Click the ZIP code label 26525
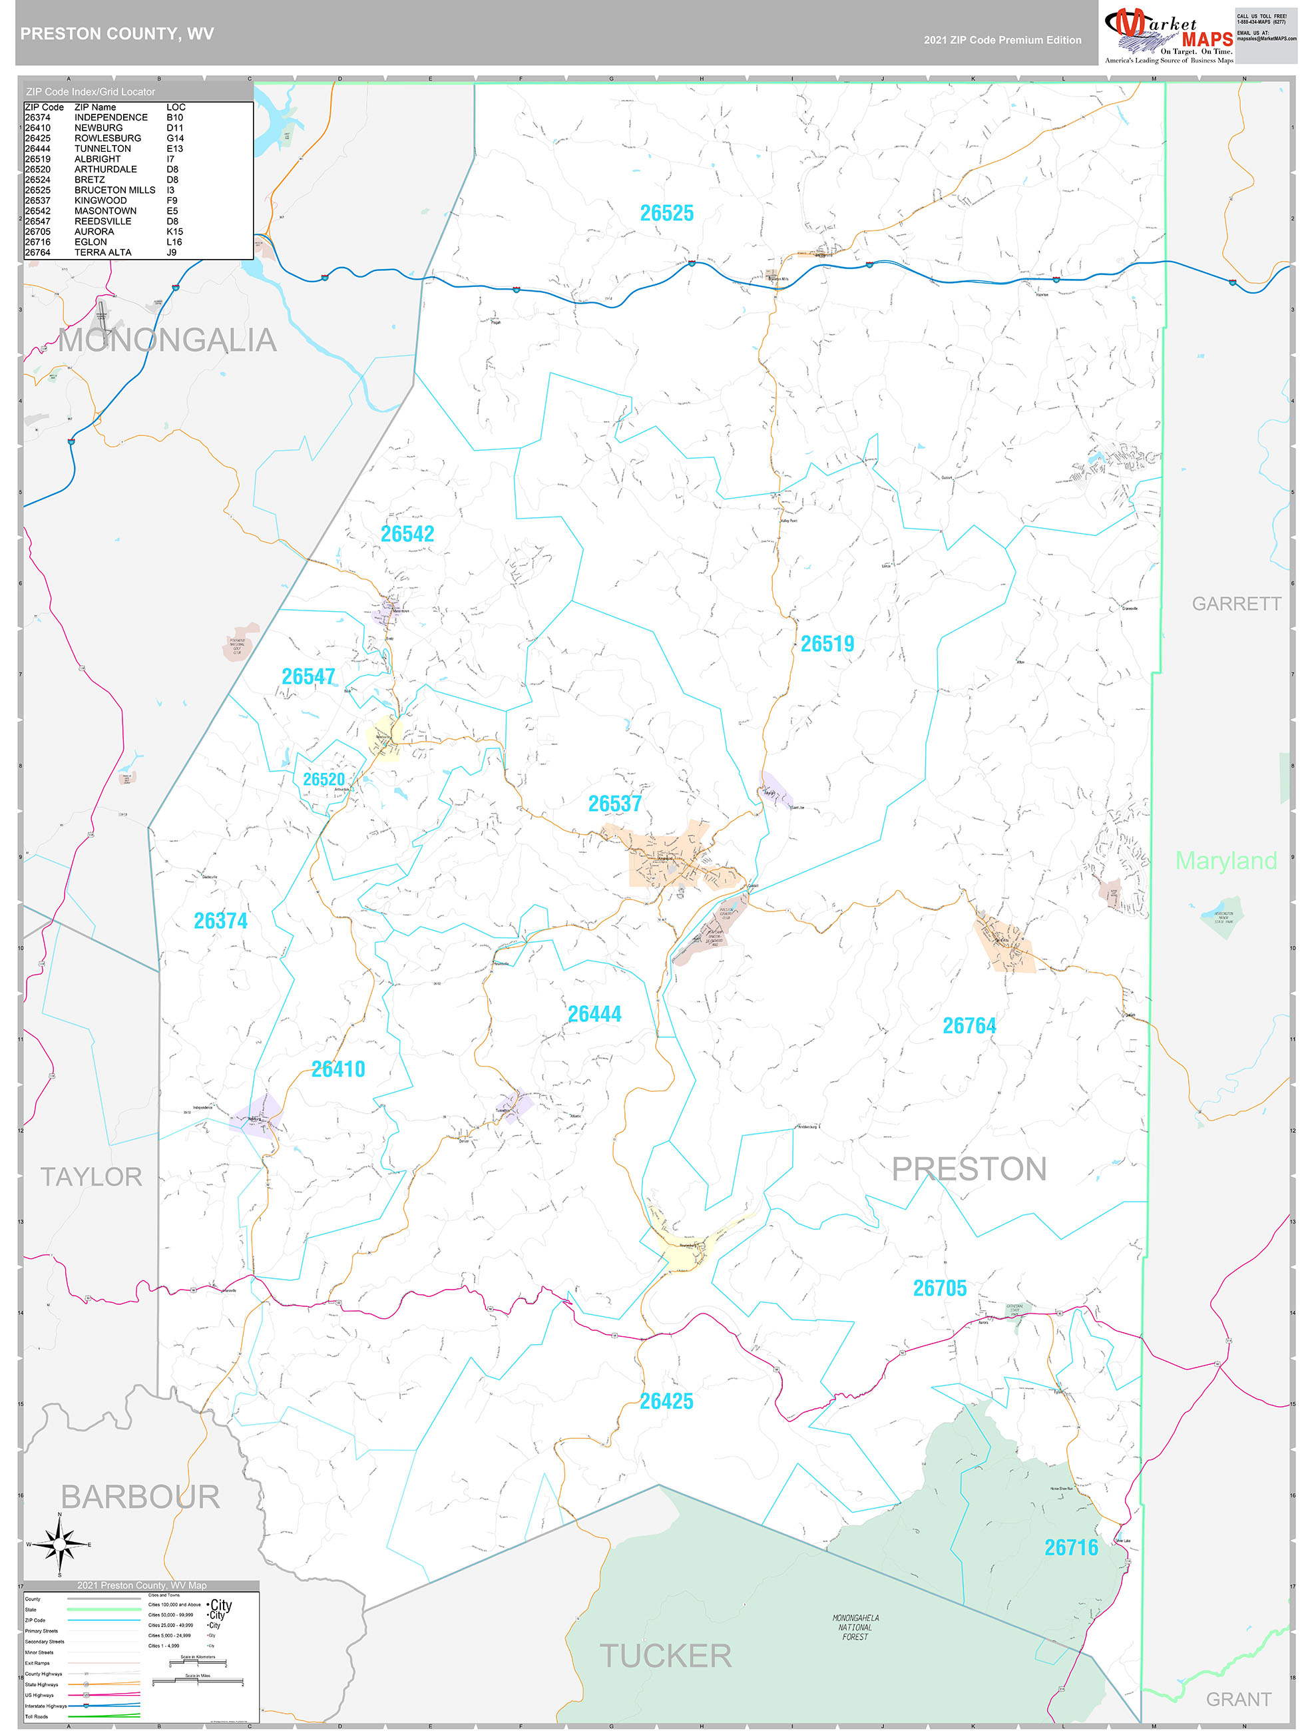667,213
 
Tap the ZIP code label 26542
407,534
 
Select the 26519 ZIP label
827,644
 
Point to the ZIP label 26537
614,804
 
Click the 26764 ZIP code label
969,1026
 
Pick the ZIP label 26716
1070,1547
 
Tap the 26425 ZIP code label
666,1401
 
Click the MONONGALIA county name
168,340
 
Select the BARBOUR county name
140,1497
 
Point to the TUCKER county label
665,1656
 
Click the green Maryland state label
1225,861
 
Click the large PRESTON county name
969,1169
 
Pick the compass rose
59,1544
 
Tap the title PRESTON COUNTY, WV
116,34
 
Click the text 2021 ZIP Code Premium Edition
1002,40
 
